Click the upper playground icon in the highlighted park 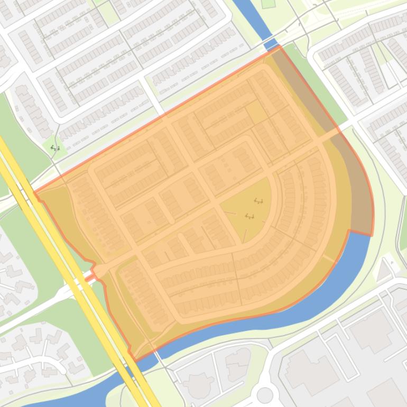point(258,201)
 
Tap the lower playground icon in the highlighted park point(249,216)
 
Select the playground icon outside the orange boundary point(55,149)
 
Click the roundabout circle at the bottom point(265,394)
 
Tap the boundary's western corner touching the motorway point(35,193)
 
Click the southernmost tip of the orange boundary point(134,361)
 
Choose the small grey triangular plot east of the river point(384,270)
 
